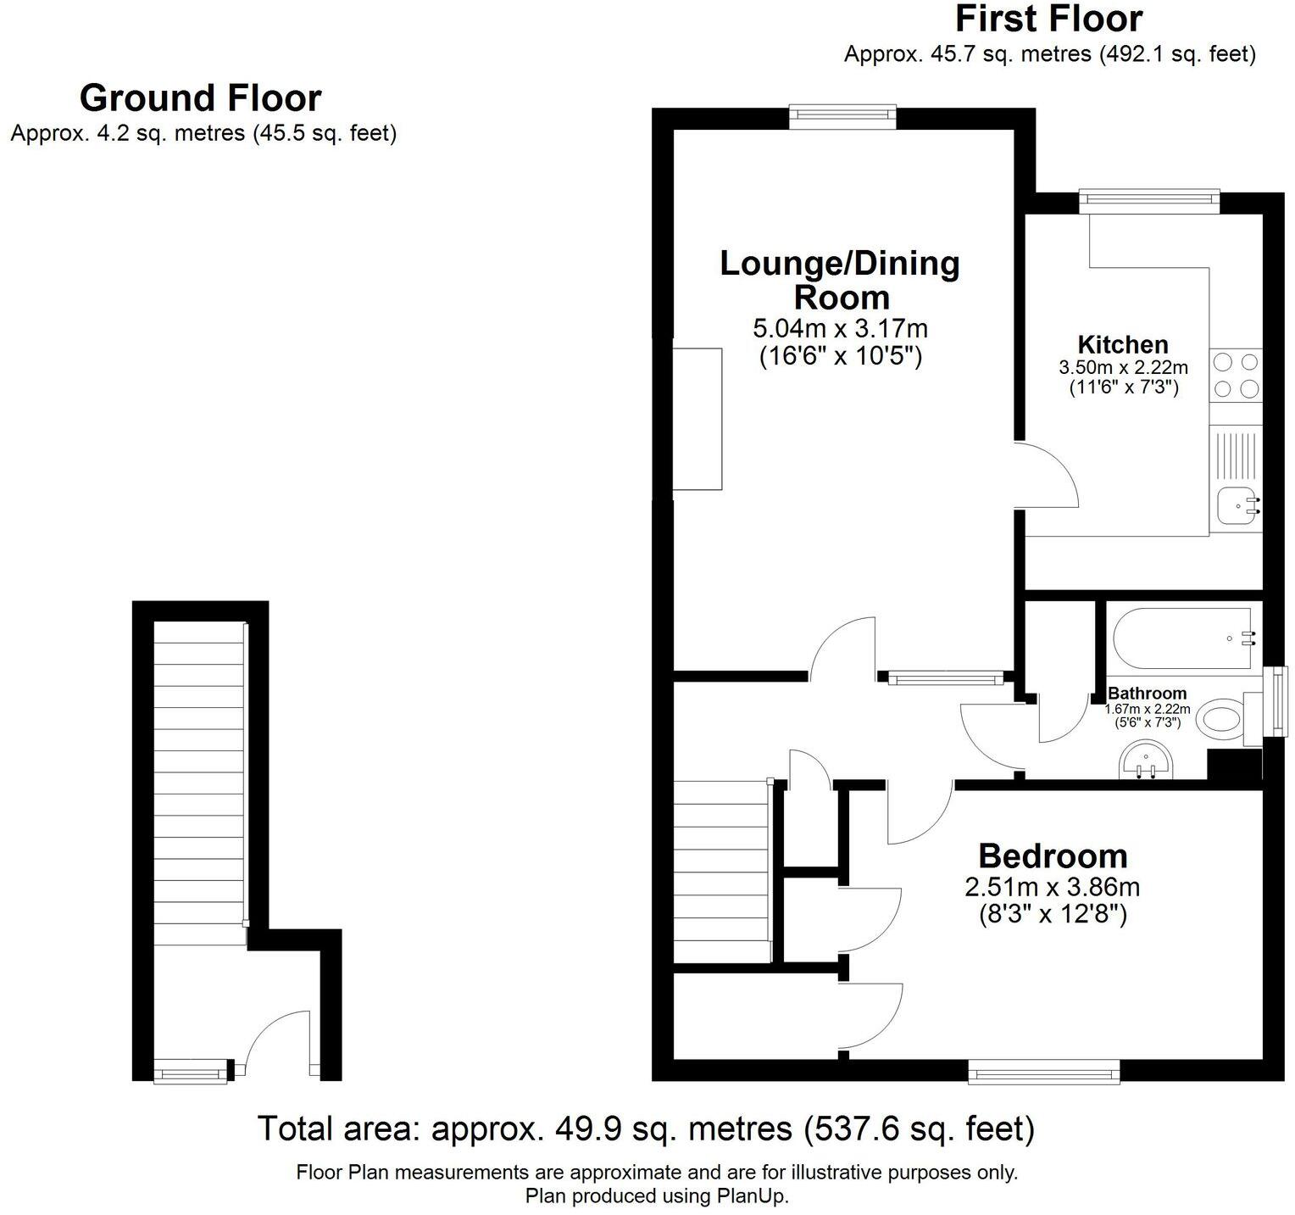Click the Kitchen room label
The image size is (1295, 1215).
point(1122,345)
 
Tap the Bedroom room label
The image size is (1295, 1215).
point(1053,856)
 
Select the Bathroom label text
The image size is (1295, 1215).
point(1147,694)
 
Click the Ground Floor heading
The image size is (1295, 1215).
point(200,98)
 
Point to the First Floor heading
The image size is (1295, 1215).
point(1048,19)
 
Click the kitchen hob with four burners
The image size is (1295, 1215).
point(1236,375)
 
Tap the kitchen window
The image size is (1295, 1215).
point(1149,202)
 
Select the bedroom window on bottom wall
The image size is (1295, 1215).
point(1044,1073)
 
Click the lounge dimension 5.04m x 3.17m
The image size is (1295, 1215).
point(840,328)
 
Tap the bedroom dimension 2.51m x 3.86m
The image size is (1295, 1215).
point(1052,888)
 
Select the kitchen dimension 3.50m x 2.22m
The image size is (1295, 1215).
point(1122,368)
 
